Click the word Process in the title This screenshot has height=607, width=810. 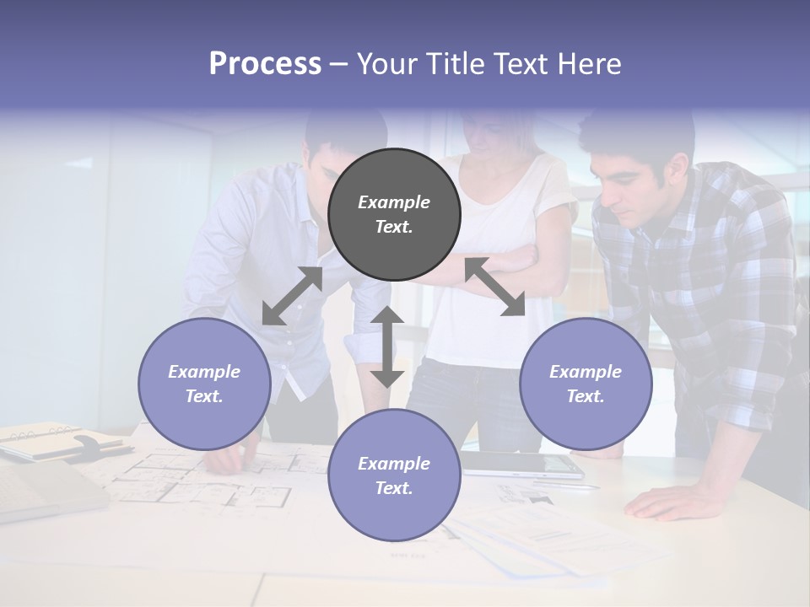tap(265, 64)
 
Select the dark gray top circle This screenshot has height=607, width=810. tap(394, 215)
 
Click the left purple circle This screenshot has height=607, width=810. tap(204, 384)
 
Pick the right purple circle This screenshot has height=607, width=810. tap(586, 384)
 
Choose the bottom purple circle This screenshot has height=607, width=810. tap(394, 475)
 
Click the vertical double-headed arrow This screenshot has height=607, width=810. tap(387, 346)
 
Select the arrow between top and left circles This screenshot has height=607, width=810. tap(292, 296)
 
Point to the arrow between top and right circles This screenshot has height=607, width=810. tap(495, 287)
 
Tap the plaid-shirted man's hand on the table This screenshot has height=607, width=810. tap(667, 502)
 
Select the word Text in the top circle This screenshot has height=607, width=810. tap(393, 227)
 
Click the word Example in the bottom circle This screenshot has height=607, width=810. tap(394, 464)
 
